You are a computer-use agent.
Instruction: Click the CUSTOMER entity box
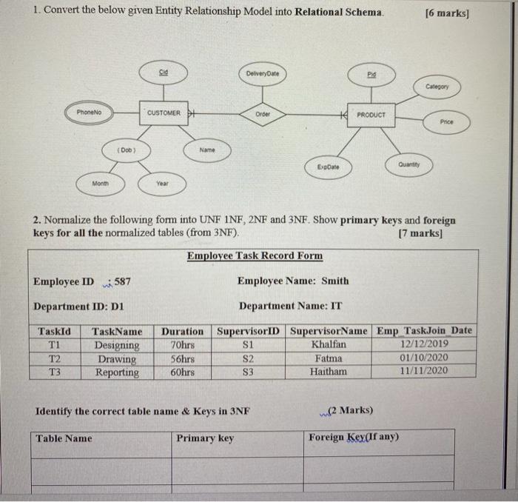point(164,113)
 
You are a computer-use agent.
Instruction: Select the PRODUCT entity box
point(375,115)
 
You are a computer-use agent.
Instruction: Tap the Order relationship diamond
point(263,114)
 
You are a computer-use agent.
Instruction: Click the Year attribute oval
point(162,181)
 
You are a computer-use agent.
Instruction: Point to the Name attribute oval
point(207,150)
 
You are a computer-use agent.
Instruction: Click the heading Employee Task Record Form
point(255,256)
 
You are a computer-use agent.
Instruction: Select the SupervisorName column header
point(329,331)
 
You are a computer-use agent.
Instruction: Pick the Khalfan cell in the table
point(329,344)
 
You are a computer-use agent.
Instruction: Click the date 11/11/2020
point(423,371)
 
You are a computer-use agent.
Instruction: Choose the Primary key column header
point(205,438)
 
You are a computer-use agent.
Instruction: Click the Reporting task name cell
point(117,372)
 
